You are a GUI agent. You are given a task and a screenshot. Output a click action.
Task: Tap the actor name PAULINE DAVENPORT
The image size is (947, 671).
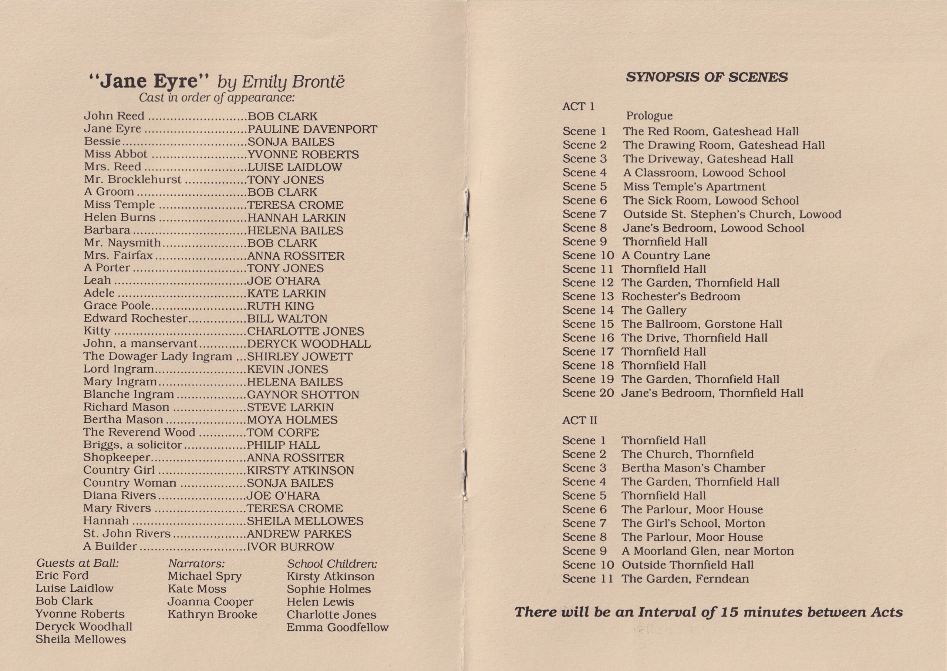tap(312, 129)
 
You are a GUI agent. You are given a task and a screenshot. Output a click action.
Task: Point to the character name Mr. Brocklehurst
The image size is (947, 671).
tap(133, 179)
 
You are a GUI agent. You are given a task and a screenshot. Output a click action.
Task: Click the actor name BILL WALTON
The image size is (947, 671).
tap(287, 318)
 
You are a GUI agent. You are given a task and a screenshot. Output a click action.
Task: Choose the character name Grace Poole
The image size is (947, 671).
tap(117, 306)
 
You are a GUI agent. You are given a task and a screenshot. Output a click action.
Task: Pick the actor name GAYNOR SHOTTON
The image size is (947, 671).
tap(303, 395)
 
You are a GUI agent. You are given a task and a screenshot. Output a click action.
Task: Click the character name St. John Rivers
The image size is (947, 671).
tap(127, 533)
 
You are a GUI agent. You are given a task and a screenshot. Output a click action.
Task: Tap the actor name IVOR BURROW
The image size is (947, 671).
tap(290, 546)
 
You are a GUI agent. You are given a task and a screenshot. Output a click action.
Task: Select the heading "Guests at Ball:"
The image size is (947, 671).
tap(77, 563)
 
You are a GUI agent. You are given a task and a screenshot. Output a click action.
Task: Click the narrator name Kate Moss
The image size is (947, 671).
tap(197, 589)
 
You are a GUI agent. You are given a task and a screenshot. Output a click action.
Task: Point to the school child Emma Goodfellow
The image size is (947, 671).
tap(338, 627)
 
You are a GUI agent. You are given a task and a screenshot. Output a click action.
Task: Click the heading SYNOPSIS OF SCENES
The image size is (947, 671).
tap(707, 77)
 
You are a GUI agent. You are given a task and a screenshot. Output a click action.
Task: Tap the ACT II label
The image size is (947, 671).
tap(579, 420)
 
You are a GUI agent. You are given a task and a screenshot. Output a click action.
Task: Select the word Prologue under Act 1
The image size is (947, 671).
tap(649, 116)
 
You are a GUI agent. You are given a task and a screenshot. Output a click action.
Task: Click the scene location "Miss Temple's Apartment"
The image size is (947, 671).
tap(694, 187)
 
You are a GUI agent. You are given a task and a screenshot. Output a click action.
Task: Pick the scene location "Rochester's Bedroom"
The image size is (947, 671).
tap(681, 297)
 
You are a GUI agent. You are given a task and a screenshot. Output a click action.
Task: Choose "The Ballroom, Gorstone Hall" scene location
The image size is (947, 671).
tap(702, 324)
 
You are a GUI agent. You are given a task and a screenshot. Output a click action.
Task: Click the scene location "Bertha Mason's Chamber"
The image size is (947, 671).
tap(693, 468)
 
